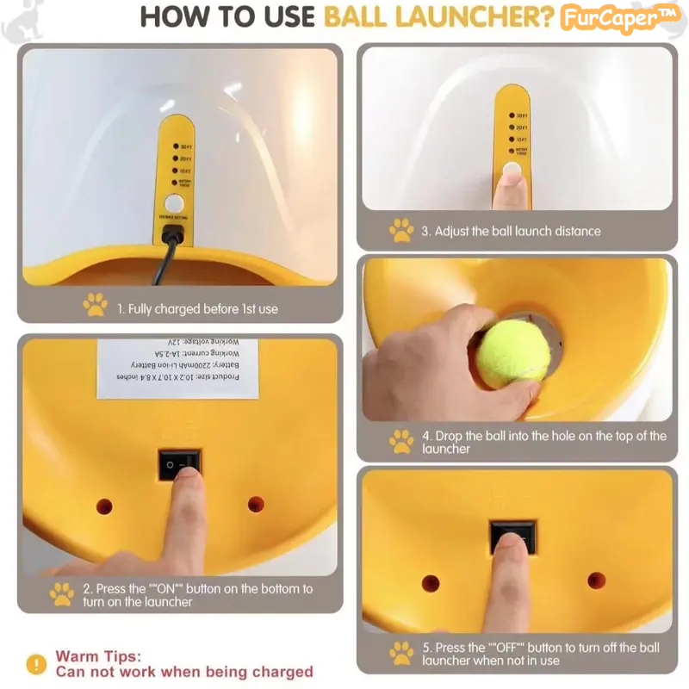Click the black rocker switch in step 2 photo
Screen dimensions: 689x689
(179, 465)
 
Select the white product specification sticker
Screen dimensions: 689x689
(177, 369)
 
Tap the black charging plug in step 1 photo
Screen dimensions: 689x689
(173, 235)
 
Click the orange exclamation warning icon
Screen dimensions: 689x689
(36, 664)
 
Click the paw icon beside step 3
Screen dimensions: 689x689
(401, 230)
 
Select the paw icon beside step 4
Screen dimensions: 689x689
(401, 442)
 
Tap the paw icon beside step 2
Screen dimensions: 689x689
(62, 594)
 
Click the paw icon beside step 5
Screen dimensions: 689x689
(401, 653)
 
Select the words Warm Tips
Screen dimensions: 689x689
(98, 656)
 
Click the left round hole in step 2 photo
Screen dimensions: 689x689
(104, 506)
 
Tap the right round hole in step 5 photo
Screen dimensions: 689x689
(596, 580)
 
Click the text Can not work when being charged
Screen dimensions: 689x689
(184, 672)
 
